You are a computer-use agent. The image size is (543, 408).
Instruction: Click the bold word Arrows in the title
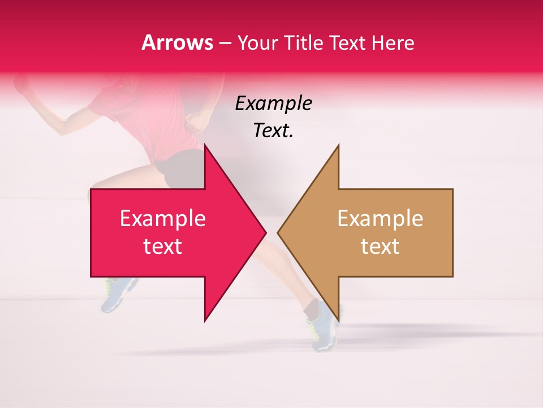[x=177, y=42]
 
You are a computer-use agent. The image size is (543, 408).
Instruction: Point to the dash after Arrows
[x=225, y=43]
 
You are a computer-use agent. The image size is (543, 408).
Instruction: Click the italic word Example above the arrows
[x=273, y=104]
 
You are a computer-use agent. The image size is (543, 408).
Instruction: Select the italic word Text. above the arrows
[x=273, y=131]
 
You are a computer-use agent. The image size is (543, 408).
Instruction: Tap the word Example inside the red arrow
[x=162, y=219]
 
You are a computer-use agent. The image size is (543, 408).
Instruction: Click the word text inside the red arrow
[x=162, y=246]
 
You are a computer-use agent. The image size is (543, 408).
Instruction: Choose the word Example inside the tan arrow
[x=380, y=219]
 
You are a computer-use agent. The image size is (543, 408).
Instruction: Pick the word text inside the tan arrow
[x=380, y=246]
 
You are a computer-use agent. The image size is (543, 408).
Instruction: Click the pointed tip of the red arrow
[x=265, y=232]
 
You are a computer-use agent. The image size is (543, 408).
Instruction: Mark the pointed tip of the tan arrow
[x=278, y=232]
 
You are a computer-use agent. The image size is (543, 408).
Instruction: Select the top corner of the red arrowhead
[x=205, y=145]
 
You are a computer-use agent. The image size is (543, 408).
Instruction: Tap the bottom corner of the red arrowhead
[x=205, y=321]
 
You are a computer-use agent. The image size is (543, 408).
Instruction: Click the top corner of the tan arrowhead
[x=338, y=145]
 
